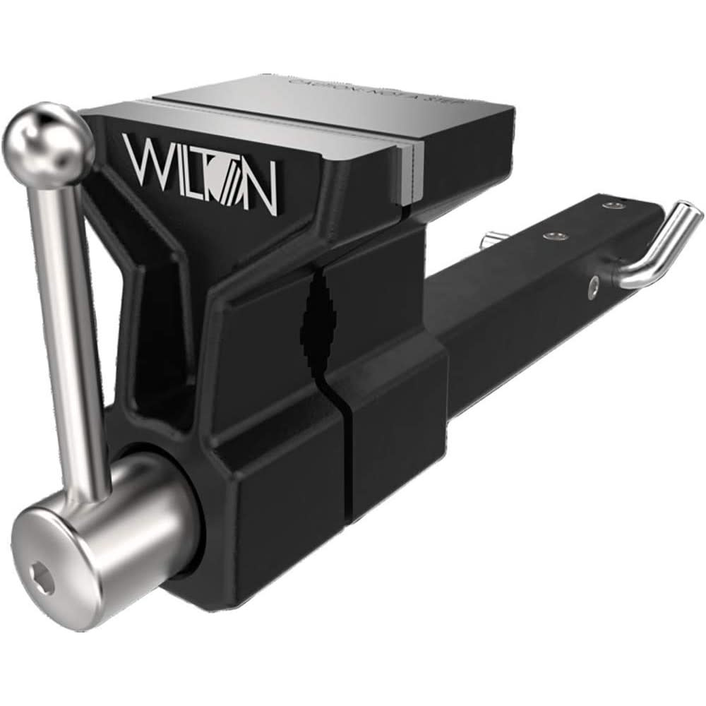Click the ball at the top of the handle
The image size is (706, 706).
[48, 145]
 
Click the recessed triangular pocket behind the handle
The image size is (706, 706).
[152, 339]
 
